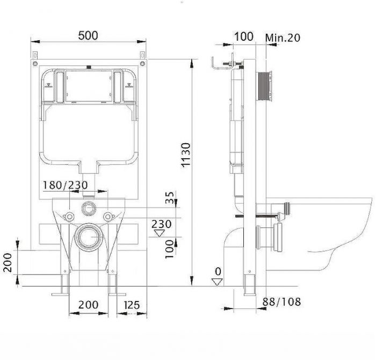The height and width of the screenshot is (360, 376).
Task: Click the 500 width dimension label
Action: coord(88,35)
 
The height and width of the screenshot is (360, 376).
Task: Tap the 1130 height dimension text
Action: coord(186,155)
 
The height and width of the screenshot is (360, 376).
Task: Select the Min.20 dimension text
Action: coord(283,38)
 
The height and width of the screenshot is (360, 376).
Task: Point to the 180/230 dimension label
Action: coord(65,185)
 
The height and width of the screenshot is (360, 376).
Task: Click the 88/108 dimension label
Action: coord(281,302)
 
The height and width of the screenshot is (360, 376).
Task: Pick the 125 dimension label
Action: coord(132,305)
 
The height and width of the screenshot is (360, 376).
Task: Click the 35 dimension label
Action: coord(170,197)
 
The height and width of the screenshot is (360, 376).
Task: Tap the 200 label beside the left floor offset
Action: coord(8,262)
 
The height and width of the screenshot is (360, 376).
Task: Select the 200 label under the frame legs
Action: coord(88,305)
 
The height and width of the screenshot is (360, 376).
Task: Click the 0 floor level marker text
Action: coord(218,271)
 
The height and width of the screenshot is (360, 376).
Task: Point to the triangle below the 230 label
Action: coord(160,233)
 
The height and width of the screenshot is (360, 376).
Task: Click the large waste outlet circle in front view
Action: coord(89,237)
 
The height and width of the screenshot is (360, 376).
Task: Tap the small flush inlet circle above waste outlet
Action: coord(89,208)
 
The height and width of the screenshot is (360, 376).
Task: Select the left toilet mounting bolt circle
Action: coord(69,217)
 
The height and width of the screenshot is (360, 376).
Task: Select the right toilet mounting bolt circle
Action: coord(109,217)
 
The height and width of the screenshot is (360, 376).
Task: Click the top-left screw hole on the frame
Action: coord(35,63)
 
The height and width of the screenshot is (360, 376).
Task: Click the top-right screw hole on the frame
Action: coord(142,63)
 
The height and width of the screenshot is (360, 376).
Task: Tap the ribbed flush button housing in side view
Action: coord(264,87)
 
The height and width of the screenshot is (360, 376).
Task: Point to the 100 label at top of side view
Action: coord(244,36)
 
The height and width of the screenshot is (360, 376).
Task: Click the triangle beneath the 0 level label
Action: coord(218,282)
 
